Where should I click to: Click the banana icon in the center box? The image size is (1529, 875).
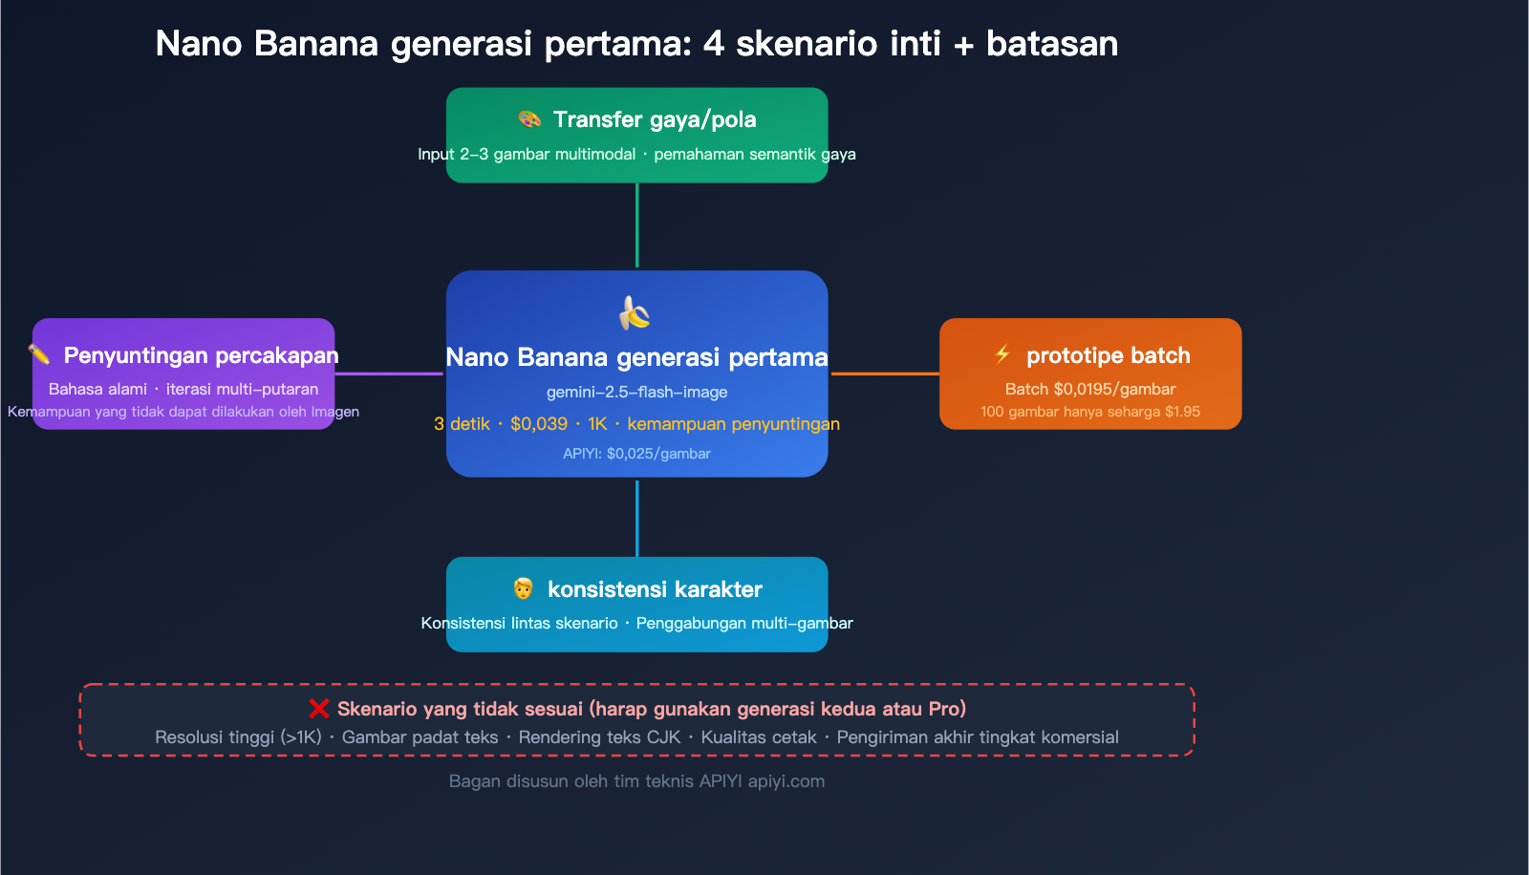coord(635,312)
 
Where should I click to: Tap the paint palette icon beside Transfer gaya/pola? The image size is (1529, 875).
coord(529,119)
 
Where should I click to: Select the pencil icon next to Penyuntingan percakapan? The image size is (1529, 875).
coord(39,355)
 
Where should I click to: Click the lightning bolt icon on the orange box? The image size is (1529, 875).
coord(1002,355)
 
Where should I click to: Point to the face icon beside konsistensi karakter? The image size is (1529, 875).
coord(523,588)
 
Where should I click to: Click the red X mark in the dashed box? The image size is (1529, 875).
coord(319,709)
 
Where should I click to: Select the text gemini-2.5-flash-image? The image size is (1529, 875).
coord(636,392)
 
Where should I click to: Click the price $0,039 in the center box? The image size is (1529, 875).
coord(539,424)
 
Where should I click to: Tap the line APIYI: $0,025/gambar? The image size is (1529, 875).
coord(636,454)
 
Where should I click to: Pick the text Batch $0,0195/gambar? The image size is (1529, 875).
coord(1090,389)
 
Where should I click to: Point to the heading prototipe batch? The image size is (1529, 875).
coord(1108,355)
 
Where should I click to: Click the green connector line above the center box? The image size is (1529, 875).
coord(637,225)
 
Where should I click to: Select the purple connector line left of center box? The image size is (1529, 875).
coord(389,373)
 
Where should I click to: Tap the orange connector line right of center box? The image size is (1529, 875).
coord(885,373)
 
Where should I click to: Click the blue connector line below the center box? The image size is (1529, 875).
coord(637,518)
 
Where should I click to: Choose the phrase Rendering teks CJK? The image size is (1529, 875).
coord(599,737)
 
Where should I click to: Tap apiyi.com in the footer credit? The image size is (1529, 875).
coord(786,781)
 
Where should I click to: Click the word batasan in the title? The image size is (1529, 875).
coord(1051,44)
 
